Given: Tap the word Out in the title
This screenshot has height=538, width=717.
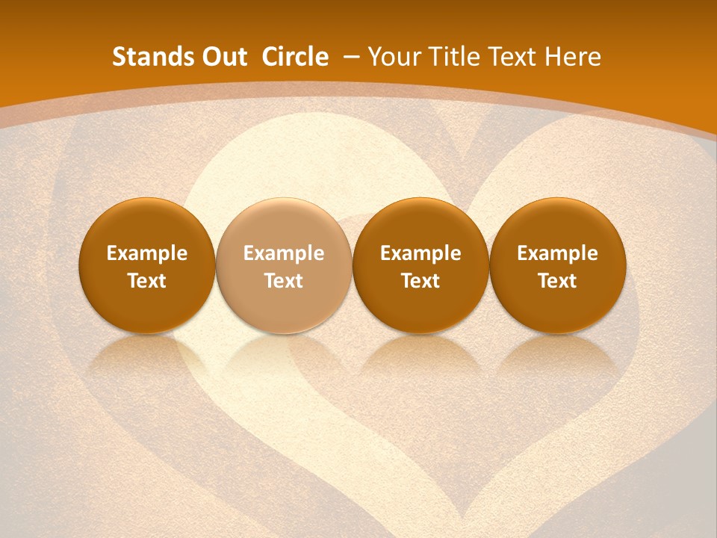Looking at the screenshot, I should click(x=224, y=57).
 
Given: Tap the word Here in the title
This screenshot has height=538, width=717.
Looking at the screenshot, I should click(x=574, y=57).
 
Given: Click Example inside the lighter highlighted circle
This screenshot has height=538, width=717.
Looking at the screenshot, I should click(x=284, y=253).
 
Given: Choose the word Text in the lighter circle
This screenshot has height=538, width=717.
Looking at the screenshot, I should click(x=284, y=281).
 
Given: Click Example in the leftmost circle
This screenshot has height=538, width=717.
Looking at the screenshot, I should click(x=147, y=253).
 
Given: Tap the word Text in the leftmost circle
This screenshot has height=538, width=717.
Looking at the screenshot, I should click(x=147, y=281).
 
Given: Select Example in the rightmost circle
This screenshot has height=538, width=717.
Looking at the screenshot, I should click(x=557, y=253).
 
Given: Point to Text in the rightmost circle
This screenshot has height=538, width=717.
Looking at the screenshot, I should click(x=557, y=281).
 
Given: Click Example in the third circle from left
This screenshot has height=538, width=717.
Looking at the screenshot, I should click(x=420, y=253).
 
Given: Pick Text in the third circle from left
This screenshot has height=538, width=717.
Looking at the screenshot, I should click(x=420, y=281).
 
